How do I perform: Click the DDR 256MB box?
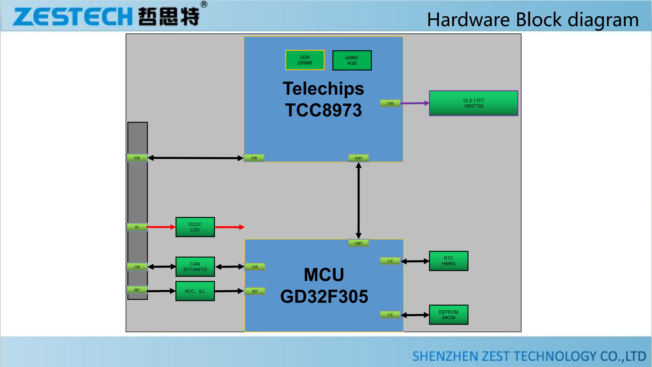[x=305, y=60]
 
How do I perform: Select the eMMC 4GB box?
[x=352, y=60]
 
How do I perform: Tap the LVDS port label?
[x=390, y=103]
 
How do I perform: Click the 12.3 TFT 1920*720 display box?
[x=473, y=103]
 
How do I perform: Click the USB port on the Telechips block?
[x=254, y=158]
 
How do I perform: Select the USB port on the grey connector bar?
[x=137, y=158]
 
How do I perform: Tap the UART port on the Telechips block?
[x=358, y=158]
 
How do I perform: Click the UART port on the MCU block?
[x=358, y=243]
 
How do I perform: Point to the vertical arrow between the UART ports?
[x=358, y=200]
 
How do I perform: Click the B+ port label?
[x=137, y=227]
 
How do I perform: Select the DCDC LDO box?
[x=195, y=227]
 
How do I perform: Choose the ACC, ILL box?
[x=195, y=291]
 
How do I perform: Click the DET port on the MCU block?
[x=255, y=291]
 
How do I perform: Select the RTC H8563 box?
[x=448, y=261]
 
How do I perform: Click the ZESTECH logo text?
[x=72, y=17]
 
